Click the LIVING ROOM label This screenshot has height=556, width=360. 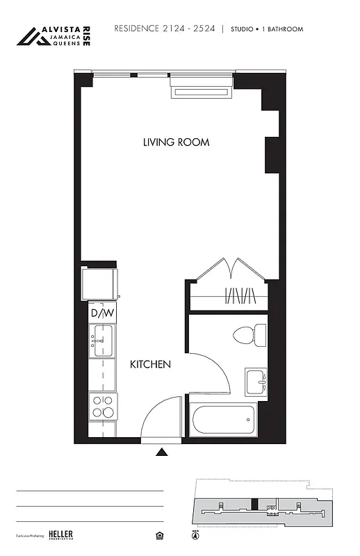pyautogui.click(x=176, y=142)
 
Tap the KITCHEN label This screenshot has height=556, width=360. pyautogui.click(x=150, y=364)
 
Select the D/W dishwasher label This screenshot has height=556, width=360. pyautogui.click(x=101, y=313)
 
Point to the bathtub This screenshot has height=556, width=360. pyautogui.click(x=222, y=420)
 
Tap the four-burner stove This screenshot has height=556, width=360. pyautogui.click(x=102, y=405)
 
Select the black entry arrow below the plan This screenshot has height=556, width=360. pyautogui.click(x=162, y=452)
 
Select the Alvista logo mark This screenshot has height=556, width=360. pyautogui.click(x=33, y=37)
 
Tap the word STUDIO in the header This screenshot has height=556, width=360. pyautogui.click(x=243, y=29)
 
